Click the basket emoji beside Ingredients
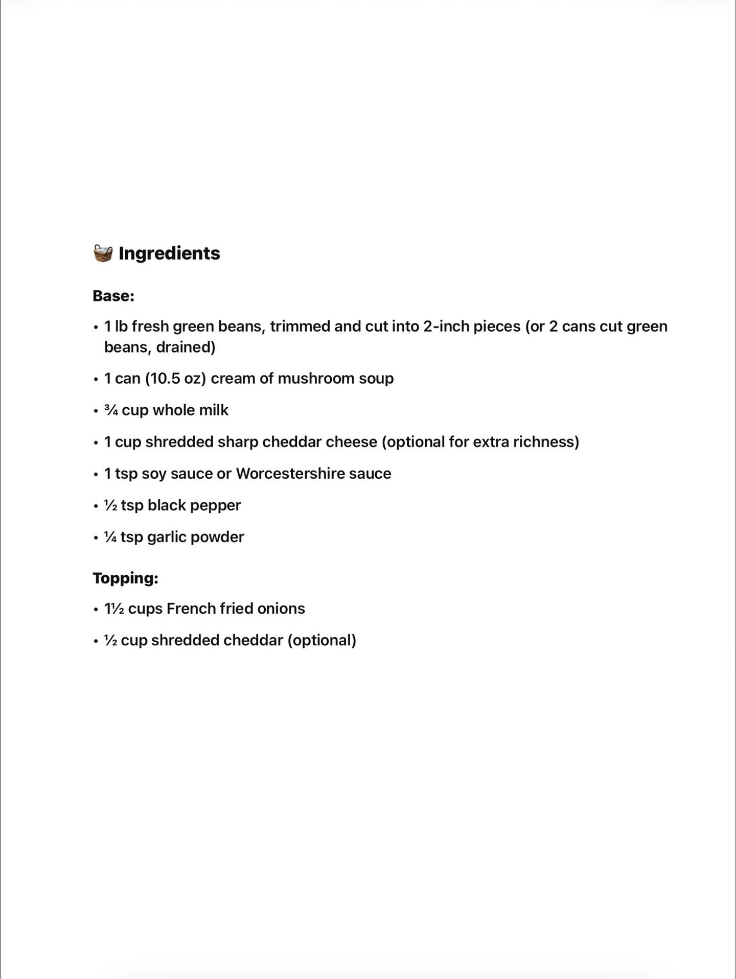(x=103, y=253)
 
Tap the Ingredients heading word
(x=169, y=253)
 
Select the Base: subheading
(x=113, y=296)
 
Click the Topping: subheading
(x=125, y=578)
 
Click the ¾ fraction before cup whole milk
(x=111, y=410)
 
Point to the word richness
(x=546, y=442)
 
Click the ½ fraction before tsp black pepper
(x=111, y=505)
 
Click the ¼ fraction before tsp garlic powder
(x=111, y=537)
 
